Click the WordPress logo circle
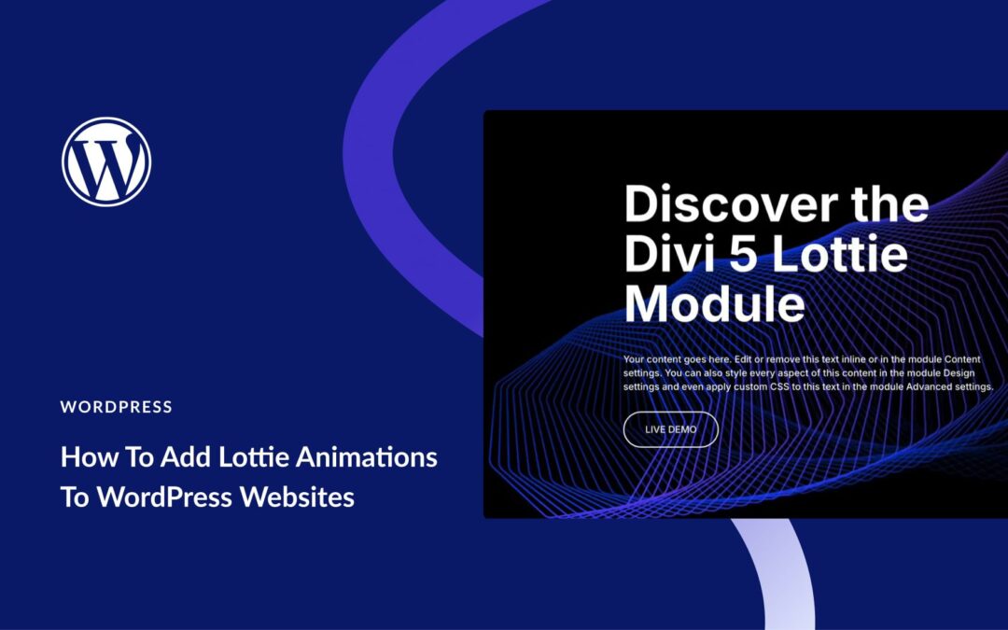pyautogui.click(x=106, y=161)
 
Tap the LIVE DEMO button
pyautogui.click(x=670, y=429)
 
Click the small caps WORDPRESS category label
pyautogui.click(x=117, y=407)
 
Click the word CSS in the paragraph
pyautogui.click(x=779, y=387)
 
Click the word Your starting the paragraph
pyautogui.click(x=634, y=359)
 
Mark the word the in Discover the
pyautogui.click(x=890, y=203)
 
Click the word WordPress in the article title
pyautogui.click(x=164, y=497)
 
